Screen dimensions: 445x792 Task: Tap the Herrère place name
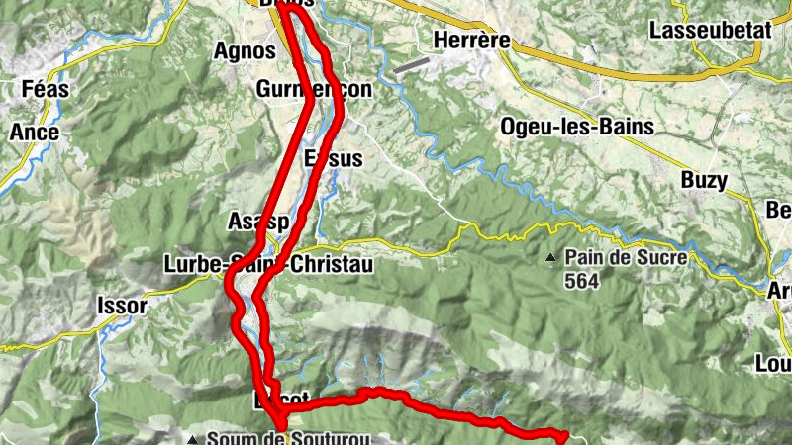[x=471, y=41]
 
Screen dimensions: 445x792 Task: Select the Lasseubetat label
[x=710, y=30]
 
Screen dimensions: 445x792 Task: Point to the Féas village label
[x=44, y=89]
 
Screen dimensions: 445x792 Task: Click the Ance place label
[x=35, y=133]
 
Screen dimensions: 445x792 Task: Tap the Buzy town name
[x=704, y=181]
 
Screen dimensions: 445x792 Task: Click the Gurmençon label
[x=313, y=89]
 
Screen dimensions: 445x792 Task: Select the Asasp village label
[x=257, y=222]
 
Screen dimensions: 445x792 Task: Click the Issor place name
[x=122, y=306]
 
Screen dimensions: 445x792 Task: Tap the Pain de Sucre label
[x=612, y=257]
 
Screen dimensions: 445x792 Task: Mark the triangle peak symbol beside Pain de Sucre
[x=551, y=258]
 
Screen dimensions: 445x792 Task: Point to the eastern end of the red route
[x=564, y=435]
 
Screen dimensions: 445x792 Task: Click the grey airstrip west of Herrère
[x=411, y=65]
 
